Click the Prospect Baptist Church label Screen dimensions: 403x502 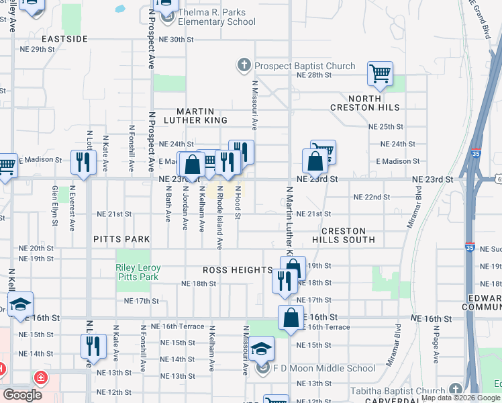[x=304, y=66]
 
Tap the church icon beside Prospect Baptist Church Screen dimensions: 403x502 [x=244, y=66]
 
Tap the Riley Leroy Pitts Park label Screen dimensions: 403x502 [x=138, y=272]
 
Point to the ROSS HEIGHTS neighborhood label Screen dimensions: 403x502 [x=238, y=270]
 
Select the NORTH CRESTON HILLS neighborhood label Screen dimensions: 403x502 [x=365, y=101]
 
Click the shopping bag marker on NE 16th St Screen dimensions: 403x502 [x=291, y=316]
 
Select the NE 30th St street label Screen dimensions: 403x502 [x=176, y=40]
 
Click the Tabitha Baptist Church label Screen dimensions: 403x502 [x=399, y=392]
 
